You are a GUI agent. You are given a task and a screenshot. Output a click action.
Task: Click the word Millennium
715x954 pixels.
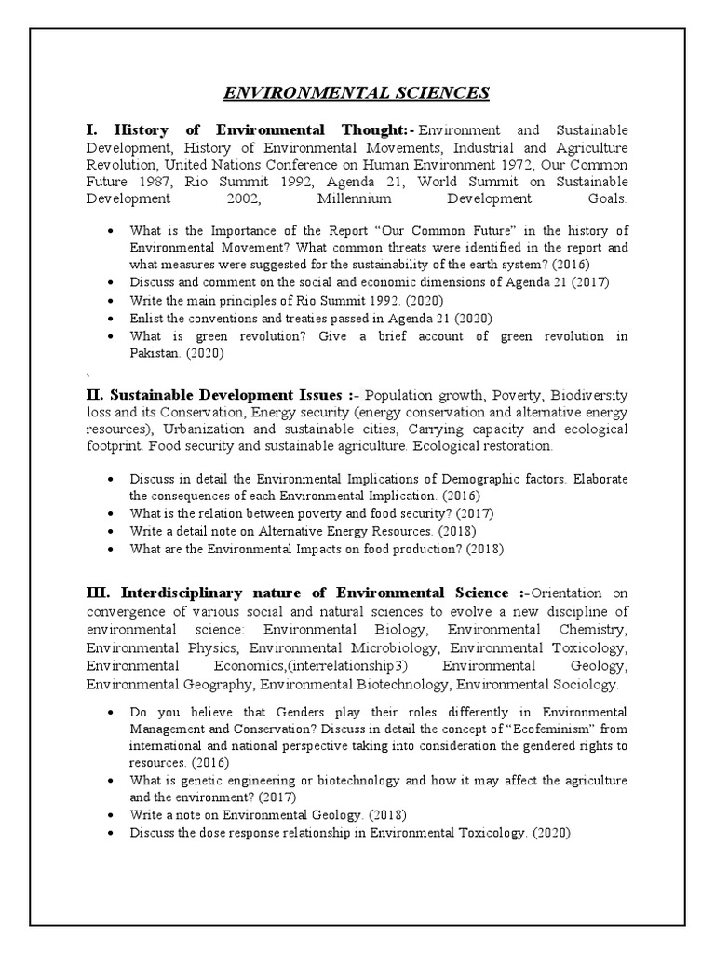pyautogui.click(x=355, y=199)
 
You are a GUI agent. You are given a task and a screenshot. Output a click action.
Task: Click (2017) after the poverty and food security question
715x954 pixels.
pyautogui.click(x=472, y=513)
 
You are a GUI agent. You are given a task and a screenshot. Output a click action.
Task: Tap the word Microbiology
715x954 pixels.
pyautogui.click(x=388, y=647)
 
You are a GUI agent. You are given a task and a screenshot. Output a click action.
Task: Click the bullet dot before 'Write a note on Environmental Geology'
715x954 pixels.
pyautogui.click(x=113, y=815)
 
